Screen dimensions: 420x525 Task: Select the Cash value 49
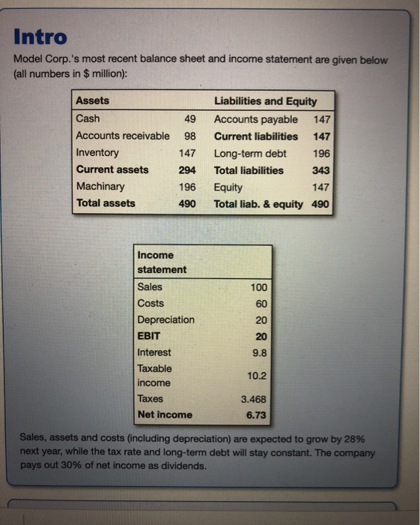coord(189,119)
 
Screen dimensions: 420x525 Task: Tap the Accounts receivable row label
coord(123,136)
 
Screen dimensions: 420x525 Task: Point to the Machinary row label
coord(101,186)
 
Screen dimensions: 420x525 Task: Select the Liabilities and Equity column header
coord(266,101)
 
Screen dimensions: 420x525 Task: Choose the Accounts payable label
coord(255,119)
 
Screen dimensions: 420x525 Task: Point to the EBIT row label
coord(149,336)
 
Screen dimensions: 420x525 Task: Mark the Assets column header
coord(93,100)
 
